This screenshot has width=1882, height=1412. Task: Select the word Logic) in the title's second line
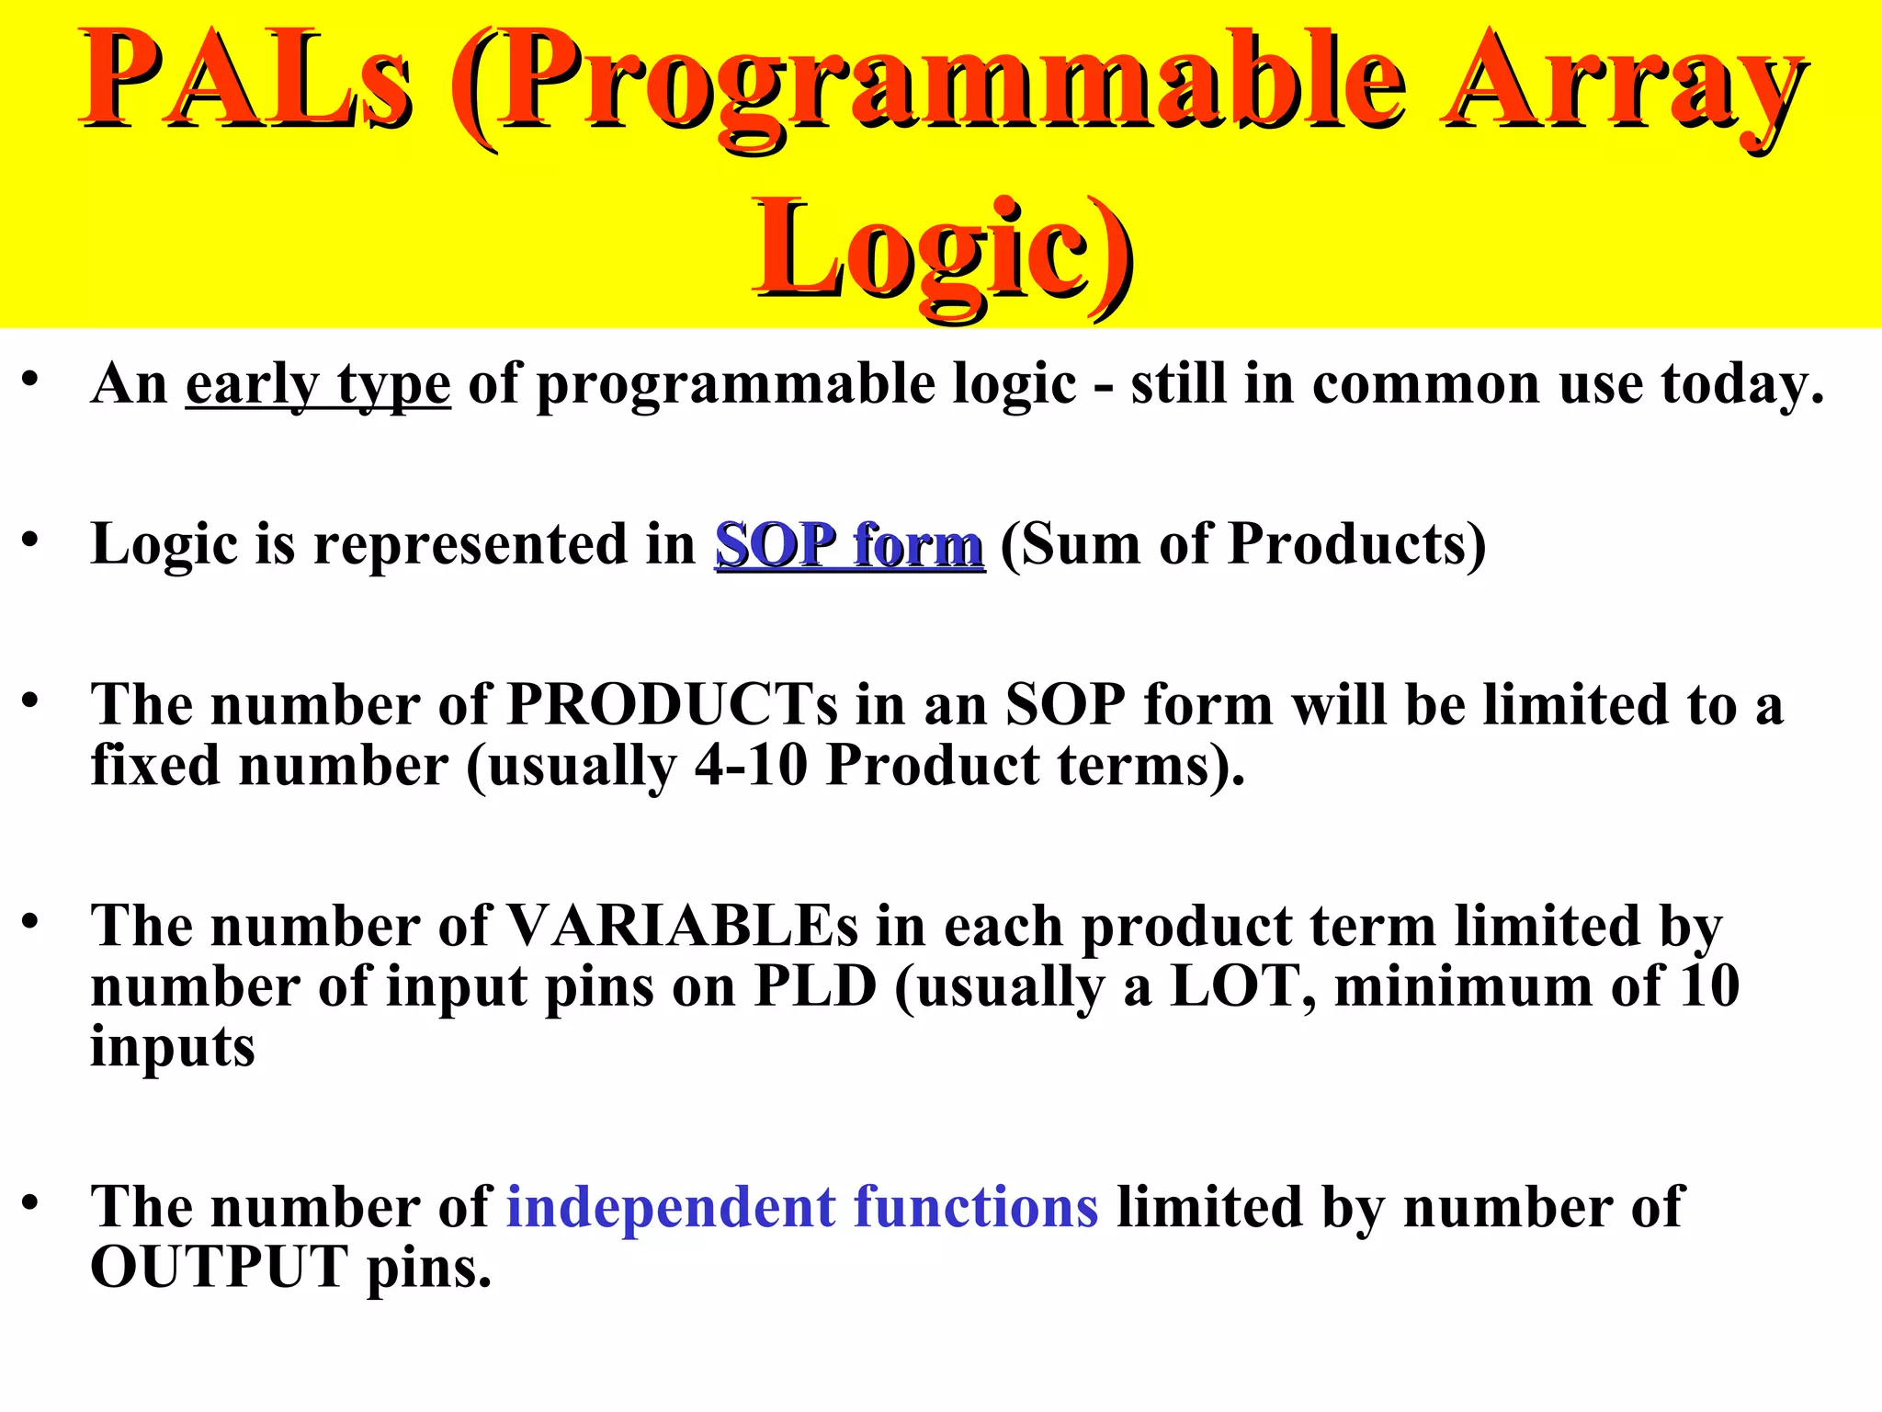942,250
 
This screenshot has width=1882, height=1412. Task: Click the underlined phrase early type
318,384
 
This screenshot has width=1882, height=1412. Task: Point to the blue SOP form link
850,544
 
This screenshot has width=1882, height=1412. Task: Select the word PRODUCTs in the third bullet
672,706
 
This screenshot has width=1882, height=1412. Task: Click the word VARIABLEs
682,926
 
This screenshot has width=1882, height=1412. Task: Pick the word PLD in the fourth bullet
815,986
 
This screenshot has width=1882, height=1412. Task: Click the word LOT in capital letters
1241,986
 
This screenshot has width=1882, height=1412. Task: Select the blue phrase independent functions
802,1207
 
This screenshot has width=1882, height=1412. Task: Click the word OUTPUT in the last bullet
220,1268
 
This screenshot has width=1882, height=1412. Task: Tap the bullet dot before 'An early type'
30,379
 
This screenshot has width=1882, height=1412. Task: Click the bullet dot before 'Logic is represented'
30,540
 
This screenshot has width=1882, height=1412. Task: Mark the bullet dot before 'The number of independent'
30,1201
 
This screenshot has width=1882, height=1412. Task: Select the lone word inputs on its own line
172,1047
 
